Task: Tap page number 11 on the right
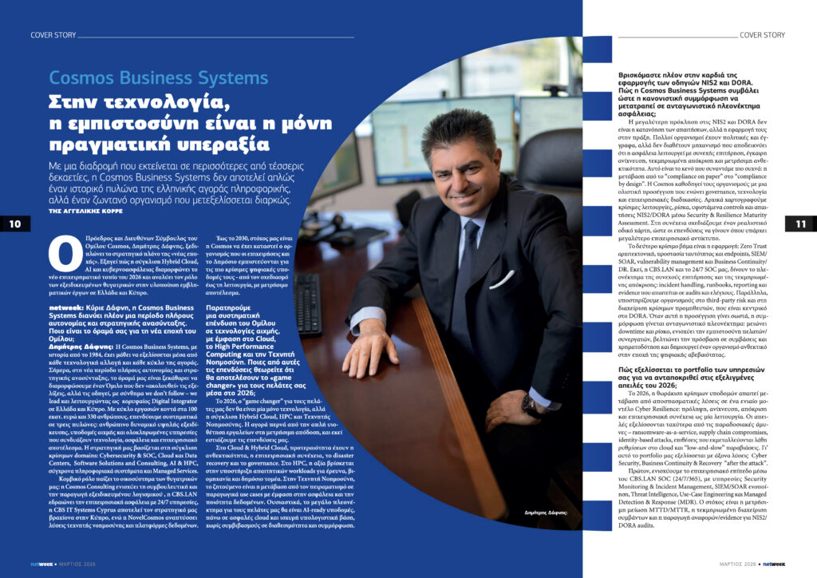[801, 224]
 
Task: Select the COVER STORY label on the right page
[762, 35]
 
